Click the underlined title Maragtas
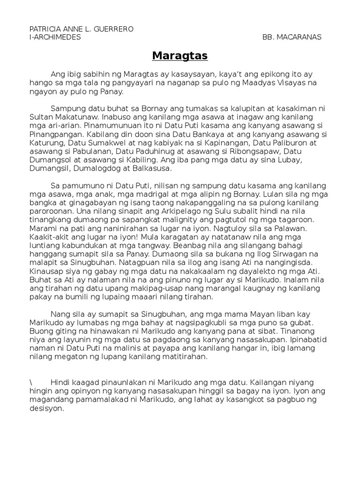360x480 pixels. tap(180, 56)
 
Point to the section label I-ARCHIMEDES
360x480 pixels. tap(55, 37)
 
